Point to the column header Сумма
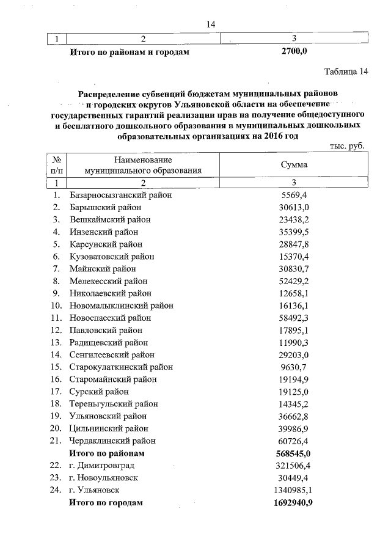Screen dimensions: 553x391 point(294,165)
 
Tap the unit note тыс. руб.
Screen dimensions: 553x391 point(351,147)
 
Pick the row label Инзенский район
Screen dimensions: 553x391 point(104,232)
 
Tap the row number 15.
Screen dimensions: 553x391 point(56,367)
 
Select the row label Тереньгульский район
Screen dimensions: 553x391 point(114,404)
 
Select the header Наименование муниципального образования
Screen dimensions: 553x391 point(143,165)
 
